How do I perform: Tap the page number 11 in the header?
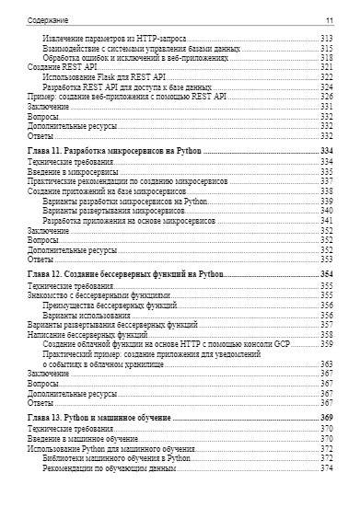pos(329,19)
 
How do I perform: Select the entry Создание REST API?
pos(58,67)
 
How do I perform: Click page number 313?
pos(326,37)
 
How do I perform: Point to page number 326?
pos(326,97)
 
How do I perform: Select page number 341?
pos(326,220)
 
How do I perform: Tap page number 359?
pos(326,344)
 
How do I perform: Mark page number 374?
pos(326,468)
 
